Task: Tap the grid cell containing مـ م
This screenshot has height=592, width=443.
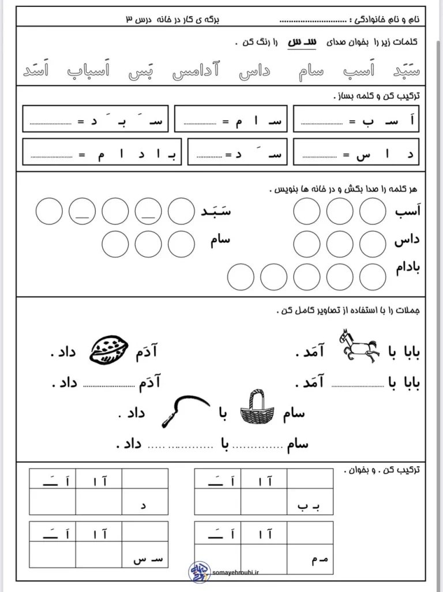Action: [310, 555]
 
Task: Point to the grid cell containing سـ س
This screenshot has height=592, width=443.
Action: [145, 555]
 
